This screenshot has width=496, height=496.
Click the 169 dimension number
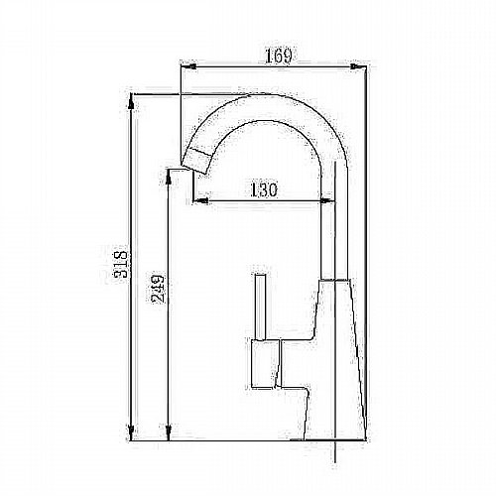tap(279, 57)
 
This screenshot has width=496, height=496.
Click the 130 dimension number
tap(263, 189)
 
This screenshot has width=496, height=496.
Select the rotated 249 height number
tap(158, 290)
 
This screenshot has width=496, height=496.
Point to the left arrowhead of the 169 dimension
tap(188, 66)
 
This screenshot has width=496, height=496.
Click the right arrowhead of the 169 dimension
tap(358, 66)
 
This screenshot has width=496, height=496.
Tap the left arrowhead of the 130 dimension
tap(200, 200)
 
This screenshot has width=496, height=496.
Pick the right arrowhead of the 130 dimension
tap(327, 200)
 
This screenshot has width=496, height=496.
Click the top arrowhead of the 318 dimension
tap(131, 102)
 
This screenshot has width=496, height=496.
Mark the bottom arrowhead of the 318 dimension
tap(131, 433)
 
